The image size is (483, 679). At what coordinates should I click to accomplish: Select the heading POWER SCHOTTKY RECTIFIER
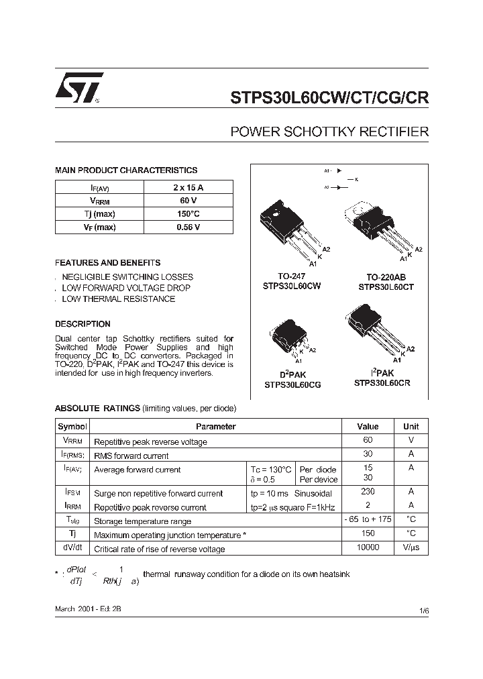pyautogui.click(x=329, y=132)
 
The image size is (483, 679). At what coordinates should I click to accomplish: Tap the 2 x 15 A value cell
pyautogui.click(x=188, y=187)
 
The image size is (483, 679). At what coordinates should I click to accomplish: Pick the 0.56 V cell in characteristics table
pyautogui.click(x=188, y=227)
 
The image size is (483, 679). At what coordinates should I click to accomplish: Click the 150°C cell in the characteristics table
pyautogui.click(x=188, y=214)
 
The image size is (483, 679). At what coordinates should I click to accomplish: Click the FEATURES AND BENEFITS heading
pyautogui.click(x=107, y=263)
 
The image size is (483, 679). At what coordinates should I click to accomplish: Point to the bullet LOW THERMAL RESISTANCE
pyautogui.click(x=118, y=299)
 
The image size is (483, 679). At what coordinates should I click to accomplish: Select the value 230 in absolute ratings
pyautogui.click(x=368, y=492)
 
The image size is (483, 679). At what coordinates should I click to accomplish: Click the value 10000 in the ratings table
pyautogui.click(x=368, y=547)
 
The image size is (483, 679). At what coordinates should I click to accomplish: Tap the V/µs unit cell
pyautogui.click(x=411, y=547)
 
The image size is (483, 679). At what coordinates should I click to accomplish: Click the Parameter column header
pyautogui.click(x=215, y=427)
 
